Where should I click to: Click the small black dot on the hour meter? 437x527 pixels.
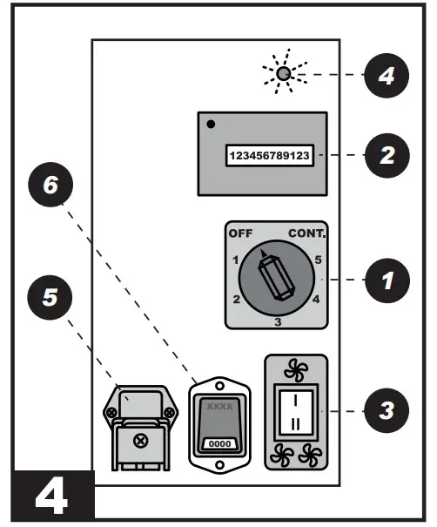click(210, 124)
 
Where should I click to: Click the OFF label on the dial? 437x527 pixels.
click(239, 234)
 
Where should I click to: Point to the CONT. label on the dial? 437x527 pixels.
click(306, 234)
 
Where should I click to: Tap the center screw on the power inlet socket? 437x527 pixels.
click(138, 441)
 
